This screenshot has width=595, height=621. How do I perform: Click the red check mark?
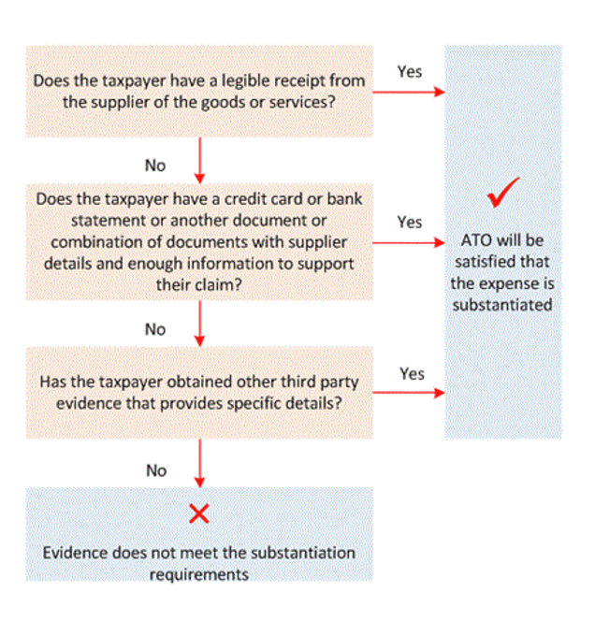(503, 195)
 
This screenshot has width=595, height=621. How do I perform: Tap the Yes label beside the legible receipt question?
(410, 71)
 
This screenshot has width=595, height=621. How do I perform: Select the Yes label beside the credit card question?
(410, 222)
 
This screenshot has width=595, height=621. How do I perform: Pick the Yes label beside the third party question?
(413, 373)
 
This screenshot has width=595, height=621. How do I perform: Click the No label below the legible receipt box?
(155, 165)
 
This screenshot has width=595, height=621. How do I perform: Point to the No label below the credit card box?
(155, 329)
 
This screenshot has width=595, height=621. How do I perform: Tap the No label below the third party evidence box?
(155, 470)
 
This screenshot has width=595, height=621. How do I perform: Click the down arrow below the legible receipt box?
(199, 160)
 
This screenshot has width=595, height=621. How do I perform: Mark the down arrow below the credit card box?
(199, 324)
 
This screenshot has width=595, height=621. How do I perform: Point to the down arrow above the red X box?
(199, 463)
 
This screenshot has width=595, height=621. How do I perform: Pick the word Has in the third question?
(53, 383)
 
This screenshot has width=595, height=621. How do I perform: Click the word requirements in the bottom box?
(199, 572)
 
